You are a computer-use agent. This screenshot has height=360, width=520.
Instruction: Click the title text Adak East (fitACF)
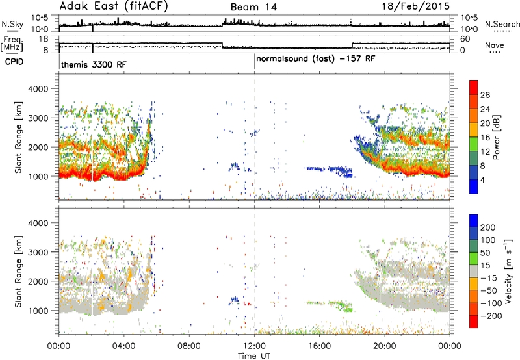[114, 6]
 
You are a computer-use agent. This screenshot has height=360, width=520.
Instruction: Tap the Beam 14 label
[253, 7]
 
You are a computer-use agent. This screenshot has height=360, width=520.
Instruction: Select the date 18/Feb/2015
[416, 6]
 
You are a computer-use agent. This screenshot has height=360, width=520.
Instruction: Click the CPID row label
[14, 62]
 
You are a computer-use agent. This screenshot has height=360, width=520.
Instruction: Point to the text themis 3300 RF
[94, 64]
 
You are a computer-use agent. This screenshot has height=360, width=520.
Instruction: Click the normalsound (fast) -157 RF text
[316, 59]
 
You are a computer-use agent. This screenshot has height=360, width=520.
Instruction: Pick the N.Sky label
[12, 24]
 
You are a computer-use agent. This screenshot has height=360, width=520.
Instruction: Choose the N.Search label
[502, 24]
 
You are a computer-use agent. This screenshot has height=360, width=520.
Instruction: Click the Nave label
[495, 45]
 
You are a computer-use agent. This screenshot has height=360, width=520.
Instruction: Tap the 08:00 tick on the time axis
[189, 346]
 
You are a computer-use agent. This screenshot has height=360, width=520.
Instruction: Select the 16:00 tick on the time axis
[319, 346]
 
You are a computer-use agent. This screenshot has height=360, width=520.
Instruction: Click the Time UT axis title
[254, 356]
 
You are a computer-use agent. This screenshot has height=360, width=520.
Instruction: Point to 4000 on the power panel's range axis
[38, 89]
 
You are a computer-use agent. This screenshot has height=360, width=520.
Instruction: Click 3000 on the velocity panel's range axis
[38, 252]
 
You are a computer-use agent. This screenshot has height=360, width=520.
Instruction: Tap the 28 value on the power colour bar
[485, 95]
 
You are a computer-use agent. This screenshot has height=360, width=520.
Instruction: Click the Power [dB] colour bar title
[497, 137]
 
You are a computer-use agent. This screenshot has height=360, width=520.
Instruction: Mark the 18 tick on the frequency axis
[44, 39]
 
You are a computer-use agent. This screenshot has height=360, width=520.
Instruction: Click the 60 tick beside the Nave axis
[465, 39]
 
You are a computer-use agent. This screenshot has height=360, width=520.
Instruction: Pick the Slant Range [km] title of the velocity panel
[18, 272]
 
